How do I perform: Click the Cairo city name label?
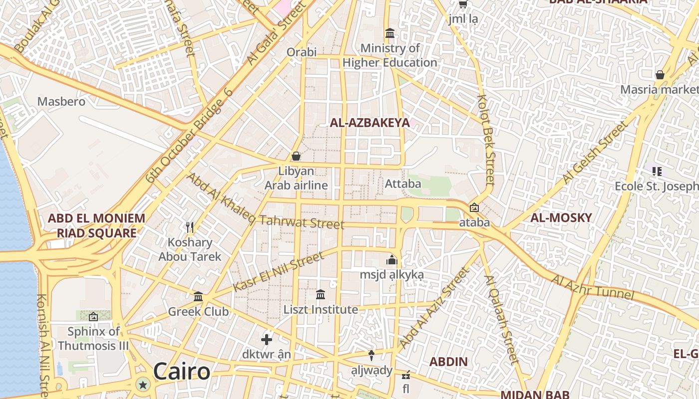182,372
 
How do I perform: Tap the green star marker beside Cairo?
143,385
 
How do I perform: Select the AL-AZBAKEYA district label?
369,123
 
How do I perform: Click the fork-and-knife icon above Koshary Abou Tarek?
190,227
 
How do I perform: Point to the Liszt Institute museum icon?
321,295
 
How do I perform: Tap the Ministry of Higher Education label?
390,55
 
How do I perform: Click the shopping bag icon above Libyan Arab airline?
296,156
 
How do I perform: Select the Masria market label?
659,89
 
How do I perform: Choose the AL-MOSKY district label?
561,217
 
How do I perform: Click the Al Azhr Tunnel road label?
592,287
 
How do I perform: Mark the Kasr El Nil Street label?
278,272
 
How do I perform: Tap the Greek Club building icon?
198,297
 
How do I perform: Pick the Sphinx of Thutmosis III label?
93,338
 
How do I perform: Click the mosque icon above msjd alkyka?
392,260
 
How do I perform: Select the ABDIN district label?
448,362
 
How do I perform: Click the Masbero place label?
61,101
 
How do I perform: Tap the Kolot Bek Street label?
487,140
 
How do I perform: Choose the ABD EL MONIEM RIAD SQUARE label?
96,225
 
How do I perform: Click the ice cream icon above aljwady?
371,355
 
